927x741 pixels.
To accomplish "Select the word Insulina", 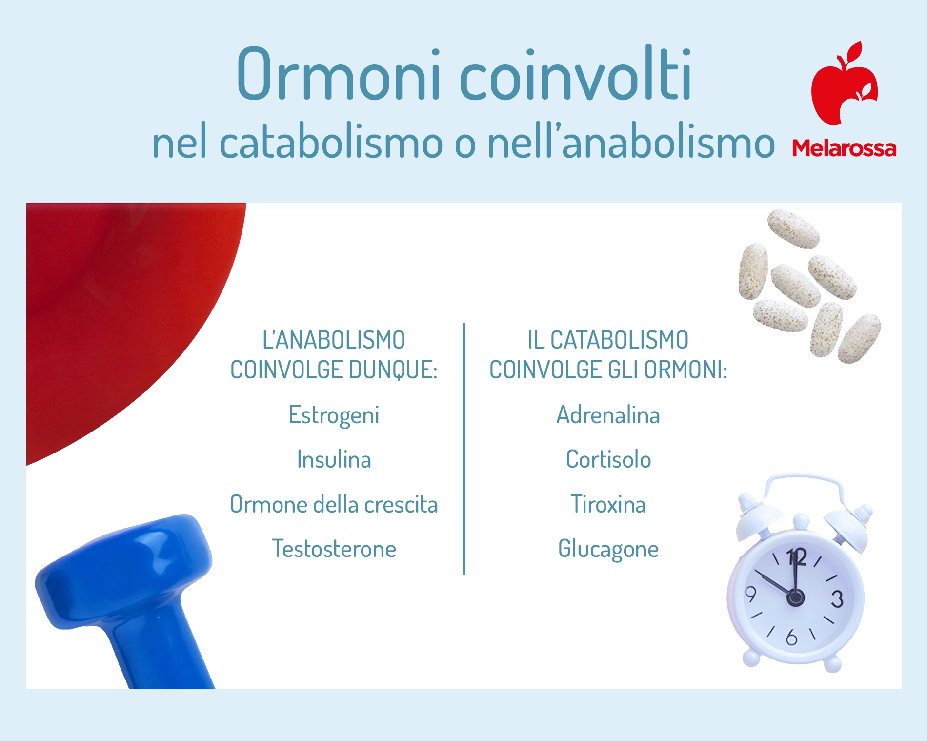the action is [x=334, y=459].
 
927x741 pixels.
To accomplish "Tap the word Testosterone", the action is [x=334, y=549].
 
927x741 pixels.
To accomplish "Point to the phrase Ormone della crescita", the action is [x=334, y=504].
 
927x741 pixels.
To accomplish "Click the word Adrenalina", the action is [x=608, y=415].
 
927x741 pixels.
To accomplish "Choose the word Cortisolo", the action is [x=608, y=459].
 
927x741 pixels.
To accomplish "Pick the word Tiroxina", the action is [x=608, y=504].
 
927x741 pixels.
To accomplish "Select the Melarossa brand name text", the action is [x=844, y=148].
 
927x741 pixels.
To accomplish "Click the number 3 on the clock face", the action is [x=837, y=598].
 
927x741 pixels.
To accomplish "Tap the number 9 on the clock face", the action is [x=751, y=594].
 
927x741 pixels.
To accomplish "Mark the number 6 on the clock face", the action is [x=791, y=637].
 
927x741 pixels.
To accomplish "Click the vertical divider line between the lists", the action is [x=464, y=449].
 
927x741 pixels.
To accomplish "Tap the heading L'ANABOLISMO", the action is [x=334, y=340].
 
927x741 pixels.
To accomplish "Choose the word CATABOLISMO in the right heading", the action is [x=619, y=340].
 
